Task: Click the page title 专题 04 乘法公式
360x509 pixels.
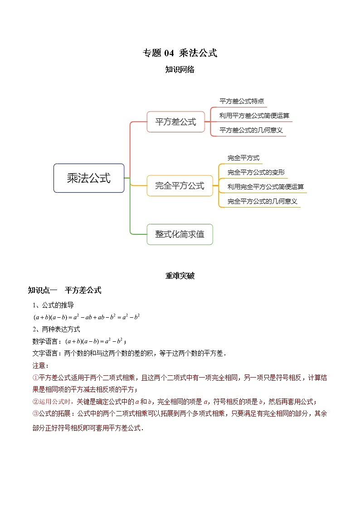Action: click(x=180, y=53)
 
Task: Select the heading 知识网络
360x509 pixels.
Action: click(x=180, y=70)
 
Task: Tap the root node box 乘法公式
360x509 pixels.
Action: click(x=89, y=178)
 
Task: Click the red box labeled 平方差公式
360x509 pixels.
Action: click(x=176, y=121)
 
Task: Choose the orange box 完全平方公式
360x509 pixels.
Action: click(x=180, y=185)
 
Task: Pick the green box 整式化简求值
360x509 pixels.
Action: click(x=180, y=234)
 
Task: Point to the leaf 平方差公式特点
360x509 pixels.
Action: click(x=242, y=102)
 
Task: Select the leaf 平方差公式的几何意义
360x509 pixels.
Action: click(x=251, y=130)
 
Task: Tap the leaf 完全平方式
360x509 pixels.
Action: click(x=243, y=158)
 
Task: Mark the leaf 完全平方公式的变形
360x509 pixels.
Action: click(x=256, y=172)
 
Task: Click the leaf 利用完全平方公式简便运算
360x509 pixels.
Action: click(x=266, y=187)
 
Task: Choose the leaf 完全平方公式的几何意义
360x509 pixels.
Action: click(x=263, y=201)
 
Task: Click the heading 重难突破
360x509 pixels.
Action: click(x=180, y=276)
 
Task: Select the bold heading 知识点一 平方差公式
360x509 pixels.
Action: click(x=64, y=291)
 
